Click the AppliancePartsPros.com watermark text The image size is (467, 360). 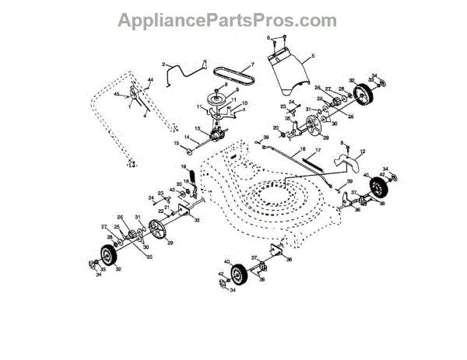227,21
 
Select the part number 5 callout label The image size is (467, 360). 312,57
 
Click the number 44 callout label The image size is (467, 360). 152,81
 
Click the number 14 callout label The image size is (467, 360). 186,137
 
